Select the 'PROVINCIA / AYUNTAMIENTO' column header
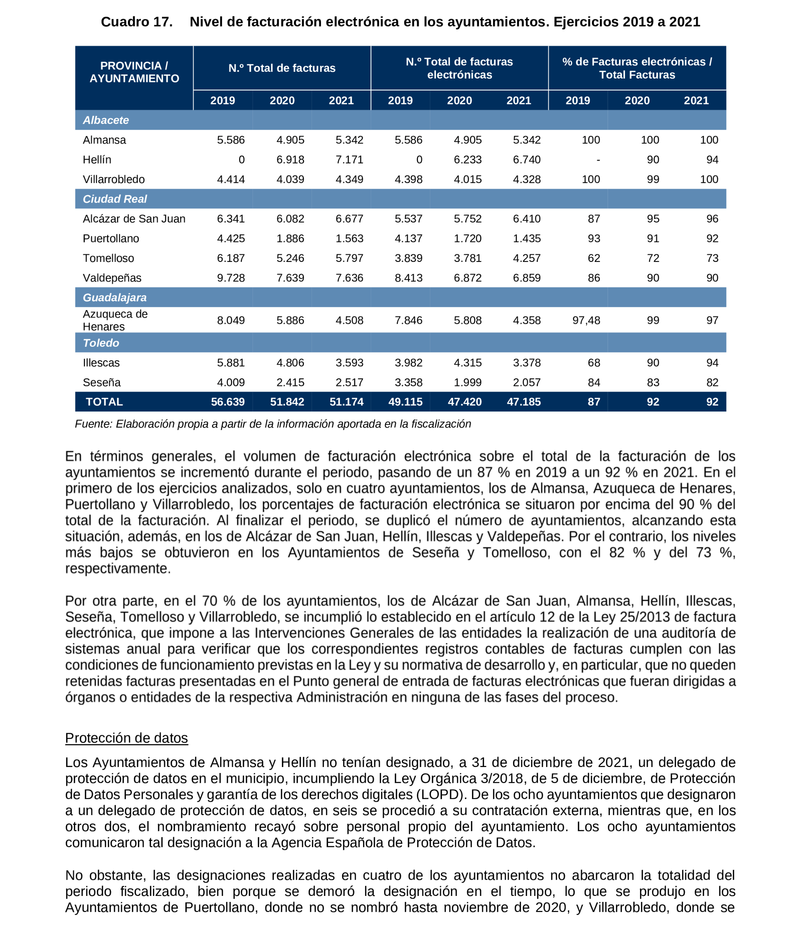tap(134, 72)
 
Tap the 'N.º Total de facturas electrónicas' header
tap(459, 68)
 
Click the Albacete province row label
tap(106, 120)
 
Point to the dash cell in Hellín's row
tap(598, 160)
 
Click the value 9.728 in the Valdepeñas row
tap(231, 278)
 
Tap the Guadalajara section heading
tap(114, 297)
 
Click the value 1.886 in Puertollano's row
tap(290, 238)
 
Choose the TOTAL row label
tap(104, 402)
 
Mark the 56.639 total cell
tap(228, 402)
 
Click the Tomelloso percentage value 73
tap(712, 258)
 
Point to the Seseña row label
tap(102, 382)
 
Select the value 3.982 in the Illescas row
tap(408, 363)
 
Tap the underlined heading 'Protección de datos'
tap(126, 738)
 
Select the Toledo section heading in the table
tap(101, 343)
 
